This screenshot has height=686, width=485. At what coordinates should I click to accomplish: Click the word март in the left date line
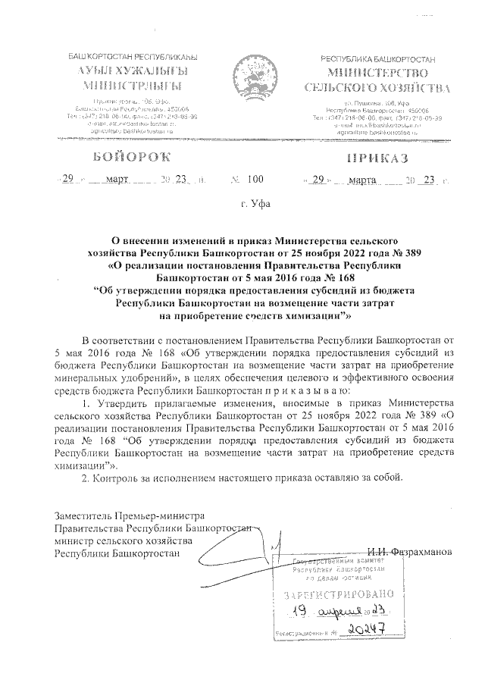[x=117, y=180]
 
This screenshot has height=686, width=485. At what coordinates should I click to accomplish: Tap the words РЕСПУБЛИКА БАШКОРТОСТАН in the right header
[x=379, y=58]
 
